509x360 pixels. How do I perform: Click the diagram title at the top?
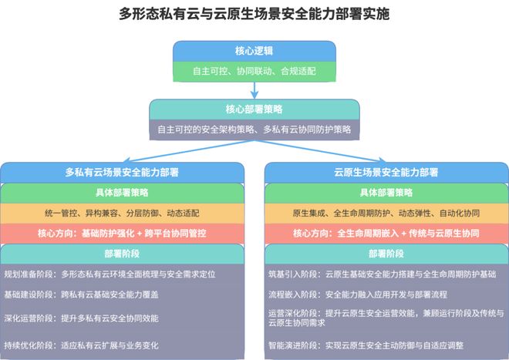pos(254,14)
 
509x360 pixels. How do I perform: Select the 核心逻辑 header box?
pos(254,52)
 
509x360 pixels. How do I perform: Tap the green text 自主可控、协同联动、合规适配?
pos(254,71)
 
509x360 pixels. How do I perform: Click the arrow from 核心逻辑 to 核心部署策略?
pos(254,90)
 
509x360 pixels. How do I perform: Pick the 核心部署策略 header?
pos(254,109)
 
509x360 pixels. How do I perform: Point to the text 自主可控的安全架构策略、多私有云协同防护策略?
pos(254,130)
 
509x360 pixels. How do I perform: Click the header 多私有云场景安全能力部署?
pos(122,173)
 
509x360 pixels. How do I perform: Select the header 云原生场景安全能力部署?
pos(386,173)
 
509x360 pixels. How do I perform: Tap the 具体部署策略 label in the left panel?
pos(122,193)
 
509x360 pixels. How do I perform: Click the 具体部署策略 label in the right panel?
pos(386,193)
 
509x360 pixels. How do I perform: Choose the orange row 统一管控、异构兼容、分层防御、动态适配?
pos(122,214)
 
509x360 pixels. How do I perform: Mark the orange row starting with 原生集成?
pos(386,214)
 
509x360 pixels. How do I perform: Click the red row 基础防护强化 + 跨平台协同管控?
pos(122,234)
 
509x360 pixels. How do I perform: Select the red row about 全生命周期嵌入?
pos(386,234)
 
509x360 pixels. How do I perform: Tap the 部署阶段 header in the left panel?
pos(122,254)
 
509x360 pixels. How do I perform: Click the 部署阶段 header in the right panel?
pos(386,254)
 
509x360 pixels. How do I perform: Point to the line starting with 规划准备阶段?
pos(110,274)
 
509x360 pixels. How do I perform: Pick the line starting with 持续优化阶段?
pos(81,345)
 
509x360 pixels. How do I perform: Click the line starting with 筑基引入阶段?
pos(382,274)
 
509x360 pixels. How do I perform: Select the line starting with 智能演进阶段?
pos(366,345)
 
